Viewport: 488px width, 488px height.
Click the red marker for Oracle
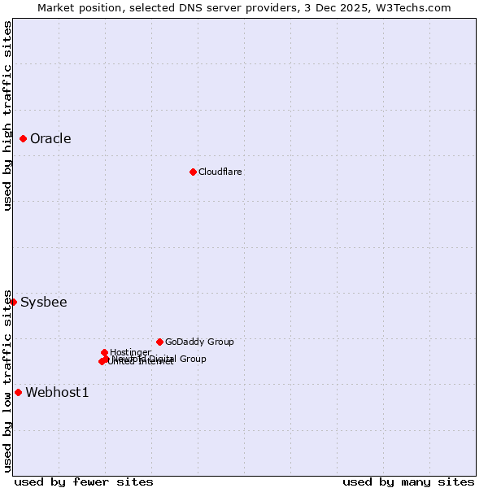pyautogui.click(x=24, y=139)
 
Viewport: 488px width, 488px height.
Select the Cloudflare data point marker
pyautogui.click(x=193, y=172)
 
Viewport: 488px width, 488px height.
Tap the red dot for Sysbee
pyautogui.click(x=13, y=302)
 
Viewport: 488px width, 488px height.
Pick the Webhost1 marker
pyautogui.click(x=18, y=393)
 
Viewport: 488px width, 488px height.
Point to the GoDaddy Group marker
pyautogui.click(x=159, y=342)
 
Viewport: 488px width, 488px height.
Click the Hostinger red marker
pyautogui.click(x=104, y=352)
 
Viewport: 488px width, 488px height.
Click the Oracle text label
pyautogui.click(x=50, y=139)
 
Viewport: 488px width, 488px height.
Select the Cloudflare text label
pyautogui.click(x=220, y=172)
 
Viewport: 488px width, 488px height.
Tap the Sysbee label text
pyautogui.click(x=44, y=303)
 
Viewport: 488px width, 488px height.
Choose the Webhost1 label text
pyautogui.click(x=57, y=393)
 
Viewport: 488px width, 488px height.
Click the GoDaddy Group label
pyautogui.click(x=199, y=342)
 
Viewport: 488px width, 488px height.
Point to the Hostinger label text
pyautogui.click(x=130, y=352)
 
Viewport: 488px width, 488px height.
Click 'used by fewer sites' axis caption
pyautogui.click(x=84, y=481)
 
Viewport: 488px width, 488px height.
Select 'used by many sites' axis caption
pyautogui.click(x=408, y=481)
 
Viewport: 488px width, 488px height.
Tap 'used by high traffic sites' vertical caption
pyautogui.click(x=7, y=115)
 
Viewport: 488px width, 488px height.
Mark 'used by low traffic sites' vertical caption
pyautogui.click(x=7, y=380)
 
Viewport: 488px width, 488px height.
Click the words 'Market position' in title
pyautogui.click(x=78, y=7)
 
